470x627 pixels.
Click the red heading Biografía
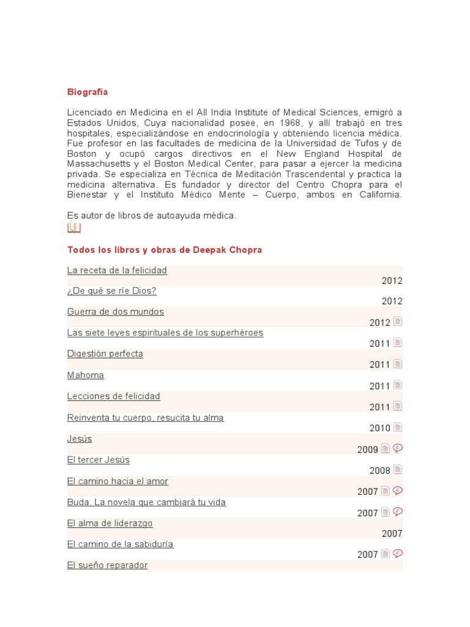pos(88,92)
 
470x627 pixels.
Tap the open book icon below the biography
pos(74,228)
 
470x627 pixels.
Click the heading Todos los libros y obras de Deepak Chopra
pos(165,250)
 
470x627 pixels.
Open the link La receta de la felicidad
pos(117,270)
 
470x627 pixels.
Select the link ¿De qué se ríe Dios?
pos(112,291)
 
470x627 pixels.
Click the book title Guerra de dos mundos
pos(116,312)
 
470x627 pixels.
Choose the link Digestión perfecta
pos(105,354)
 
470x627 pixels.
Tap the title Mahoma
pos(86,375)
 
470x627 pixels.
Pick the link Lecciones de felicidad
pos(114,396)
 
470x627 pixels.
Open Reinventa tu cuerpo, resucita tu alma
pos(146,418)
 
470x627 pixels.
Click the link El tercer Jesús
pos(99,460)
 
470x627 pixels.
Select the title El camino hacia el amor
pos(117,481)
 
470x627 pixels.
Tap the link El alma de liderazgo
pos(110,524)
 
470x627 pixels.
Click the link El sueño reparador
pos(108,565)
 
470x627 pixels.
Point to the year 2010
pos(379,429)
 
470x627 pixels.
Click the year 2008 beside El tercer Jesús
pos(379,471)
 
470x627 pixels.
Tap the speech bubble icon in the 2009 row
pos(398,448)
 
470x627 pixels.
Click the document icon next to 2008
pos(398,470)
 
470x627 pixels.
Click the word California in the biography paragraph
pos(381,195)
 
